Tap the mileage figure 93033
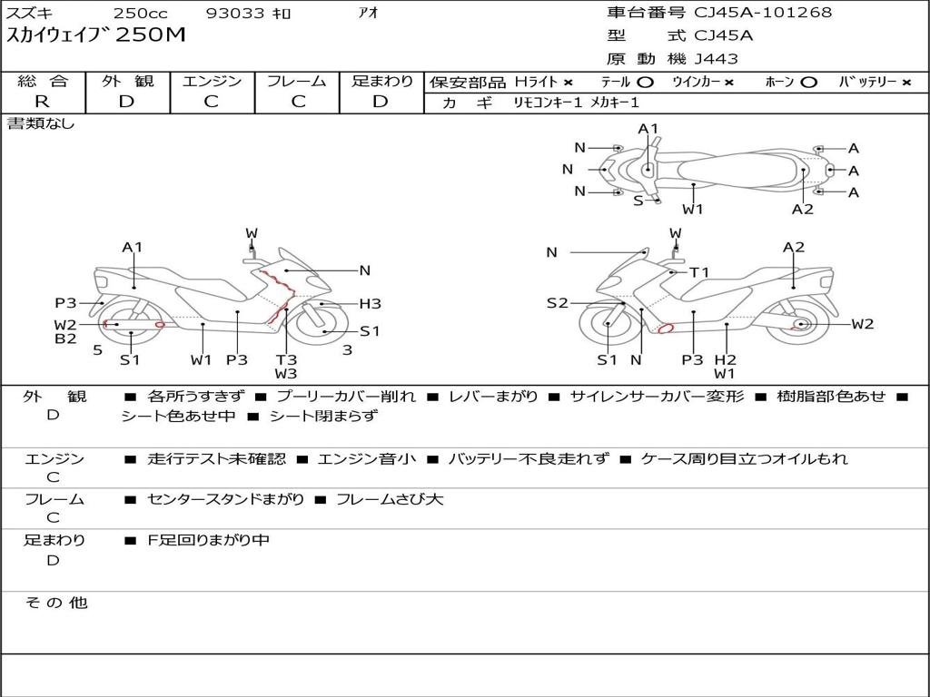[235, 14]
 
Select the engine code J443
[717, 59]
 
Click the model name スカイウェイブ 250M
[96, 35]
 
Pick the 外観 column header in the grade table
[127, 82]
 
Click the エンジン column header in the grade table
[212, 82]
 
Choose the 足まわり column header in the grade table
[382, 82]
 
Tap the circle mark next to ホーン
[808, 83]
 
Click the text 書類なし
[42, 123]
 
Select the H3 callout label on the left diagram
[370, 304]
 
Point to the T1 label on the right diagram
[699, 272]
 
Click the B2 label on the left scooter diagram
[65, 339]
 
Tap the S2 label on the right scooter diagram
[557, 303]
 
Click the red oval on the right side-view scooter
[665, 329]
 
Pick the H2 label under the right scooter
[725, 359]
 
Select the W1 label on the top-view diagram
[693, 210]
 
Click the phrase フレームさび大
[390, 499]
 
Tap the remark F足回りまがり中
[208, 540]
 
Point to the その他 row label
[55, 603]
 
